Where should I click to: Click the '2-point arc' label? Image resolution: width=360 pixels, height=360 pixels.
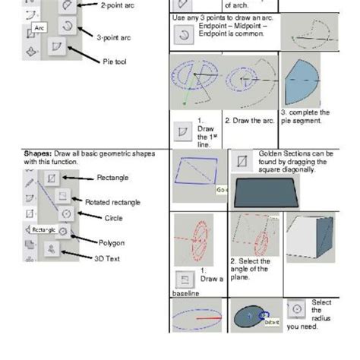point(118,5)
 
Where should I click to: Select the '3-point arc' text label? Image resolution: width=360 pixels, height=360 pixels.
point(114,36)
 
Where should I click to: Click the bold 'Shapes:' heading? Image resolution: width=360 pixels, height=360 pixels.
point(37,153)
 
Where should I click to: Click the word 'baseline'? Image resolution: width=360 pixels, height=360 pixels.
point(185,292)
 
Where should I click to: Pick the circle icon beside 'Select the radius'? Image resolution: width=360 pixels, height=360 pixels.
point(297,310)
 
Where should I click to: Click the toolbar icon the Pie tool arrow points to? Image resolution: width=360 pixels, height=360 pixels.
point(57,48)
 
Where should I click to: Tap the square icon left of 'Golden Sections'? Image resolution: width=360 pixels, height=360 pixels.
point(242,162)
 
